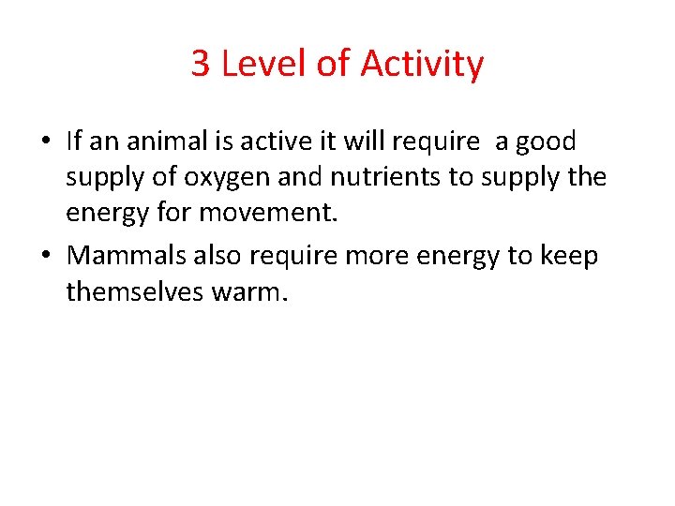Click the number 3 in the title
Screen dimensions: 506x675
[201, 65]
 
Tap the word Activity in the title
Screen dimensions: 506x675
[422, 65]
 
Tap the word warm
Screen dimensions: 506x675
[250, 292]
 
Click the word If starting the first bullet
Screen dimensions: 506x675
[75, 142]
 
